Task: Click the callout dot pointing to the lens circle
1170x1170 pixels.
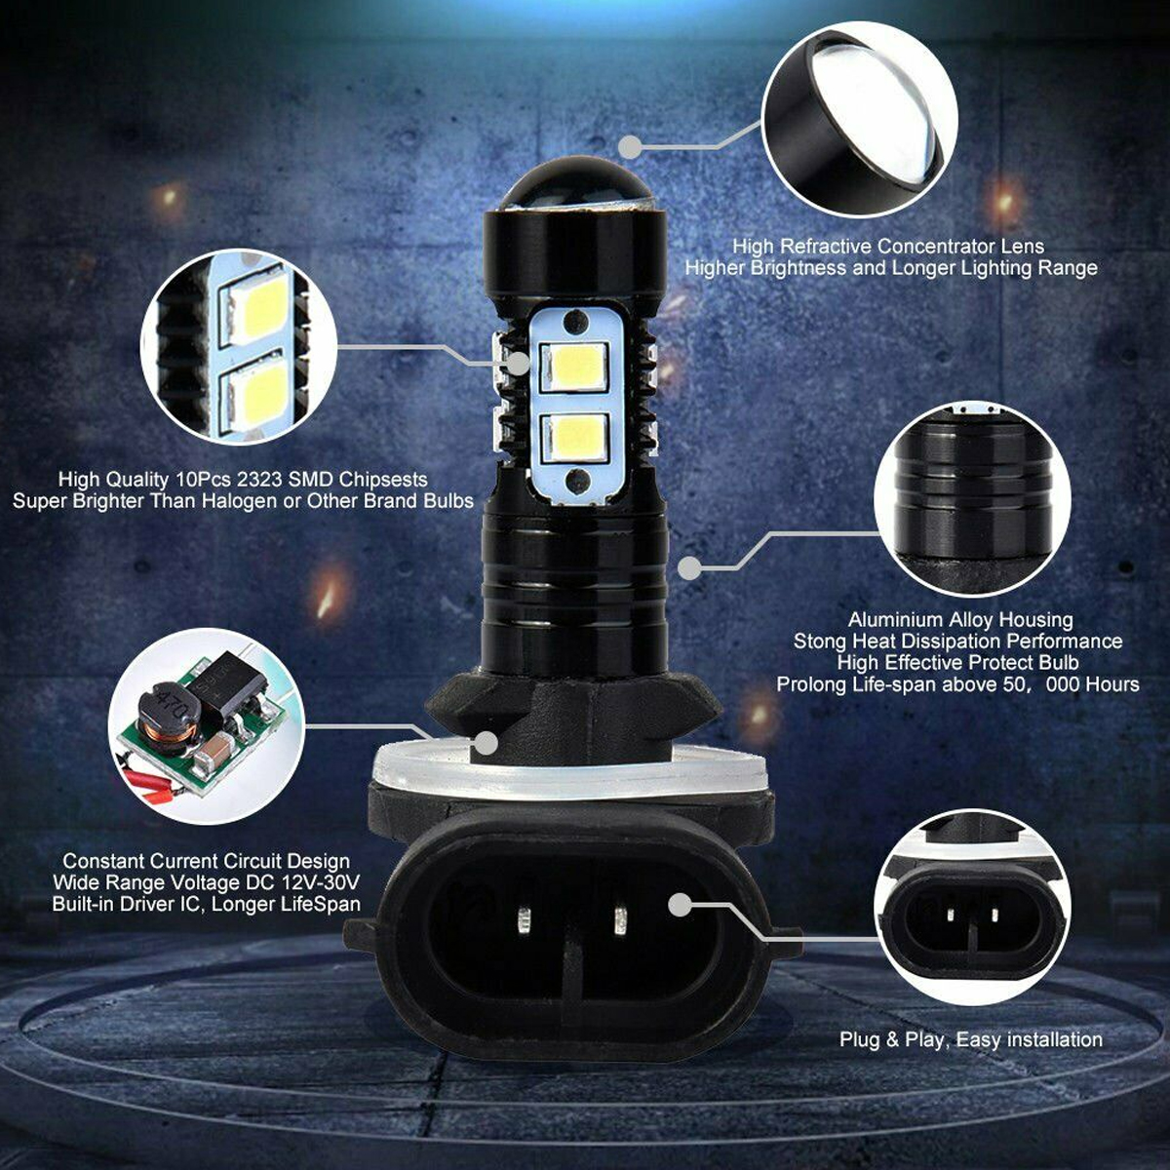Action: pos(631,147)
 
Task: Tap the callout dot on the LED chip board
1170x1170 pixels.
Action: pos(518,364)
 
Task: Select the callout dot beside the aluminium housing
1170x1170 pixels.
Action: pos(689,567)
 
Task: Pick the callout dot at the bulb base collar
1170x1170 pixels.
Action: pos(487,743)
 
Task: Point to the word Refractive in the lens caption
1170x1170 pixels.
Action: pos(826,246)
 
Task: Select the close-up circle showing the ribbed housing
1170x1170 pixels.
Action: pos(973,500)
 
